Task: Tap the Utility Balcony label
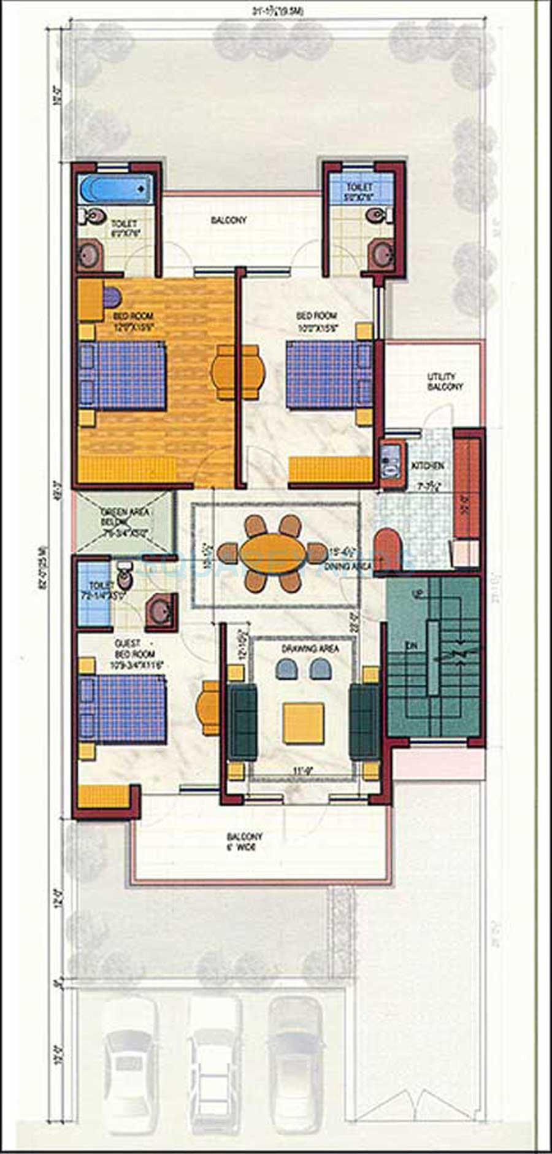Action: [445, 382]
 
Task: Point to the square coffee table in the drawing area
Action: [303, 723]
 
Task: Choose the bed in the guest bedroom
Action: [123, 709]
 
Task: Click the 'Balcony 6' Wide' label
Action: [244, 842]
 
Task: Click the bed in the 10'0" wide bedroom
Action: [328, 374]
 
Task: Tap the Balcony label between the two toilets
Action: [229, 220]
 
